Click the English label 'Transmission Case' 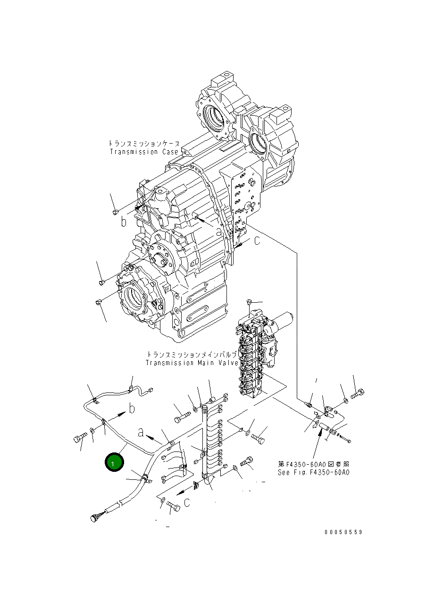144,152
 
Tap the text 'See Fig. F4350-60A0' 313,472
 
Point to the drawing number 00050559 343,532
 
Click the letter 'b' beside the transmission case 124,222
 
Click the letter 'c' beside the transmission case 257,241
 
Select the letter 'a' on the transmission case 218,232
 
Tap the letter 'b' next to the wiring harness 132,408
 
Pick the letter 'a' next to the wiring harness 141,432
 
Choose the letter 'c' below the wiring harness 187,503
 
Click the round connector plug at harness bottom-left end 94,519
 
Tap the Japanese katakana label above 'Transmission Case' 144,143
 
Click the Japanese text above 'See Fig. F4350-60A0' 313,464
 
